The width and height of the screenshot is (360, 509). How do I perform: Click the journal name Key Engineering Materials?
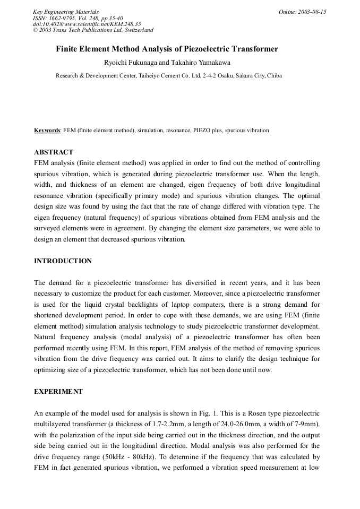[66, 12]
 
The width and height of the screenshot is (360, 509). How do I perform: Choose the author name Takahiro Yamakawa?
[204, 63]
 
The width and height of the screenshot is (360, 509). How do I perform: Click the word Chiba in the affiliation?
[275, 76]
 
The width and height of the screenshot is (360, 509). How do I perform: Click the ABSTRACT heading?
[54, 152]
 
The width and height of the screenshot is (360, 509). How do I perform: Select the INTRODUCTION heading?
[63, 261]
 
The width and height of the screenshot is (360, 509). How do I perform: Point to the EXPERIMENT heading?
[58, 392]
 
